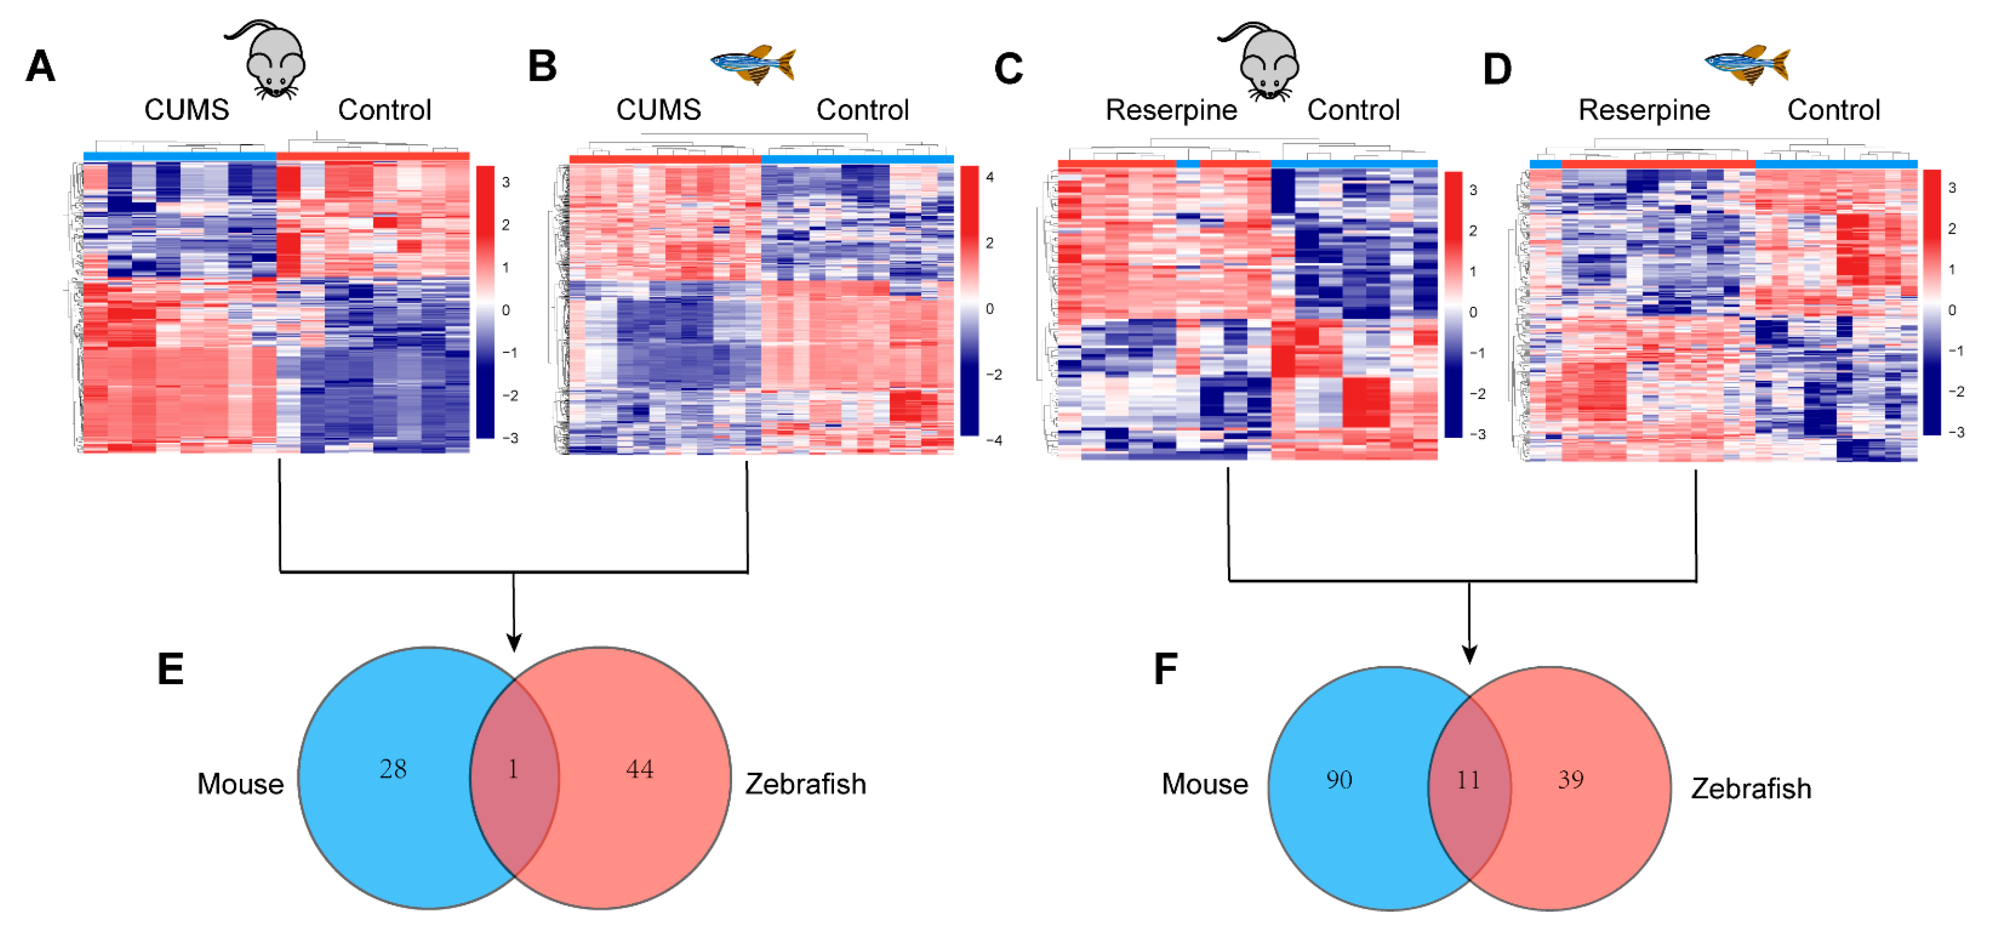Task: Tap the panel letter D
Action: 1496,69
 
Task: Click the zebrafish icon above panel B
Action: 753,64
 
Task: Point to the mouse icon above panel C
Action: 1264,62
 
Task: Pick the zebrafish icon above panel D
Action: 1748,64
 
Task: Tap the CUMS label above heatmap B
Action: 658,110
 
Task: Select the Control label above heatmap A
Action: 384,110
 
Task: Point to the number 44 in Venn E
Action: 640,769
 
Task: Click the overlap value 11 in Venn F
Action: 1469,780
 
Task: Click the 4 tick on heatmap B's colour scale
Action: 990,177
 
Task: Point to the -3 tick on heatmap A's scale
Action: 509,438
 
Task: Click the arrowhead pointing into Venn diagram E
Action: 514,642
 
